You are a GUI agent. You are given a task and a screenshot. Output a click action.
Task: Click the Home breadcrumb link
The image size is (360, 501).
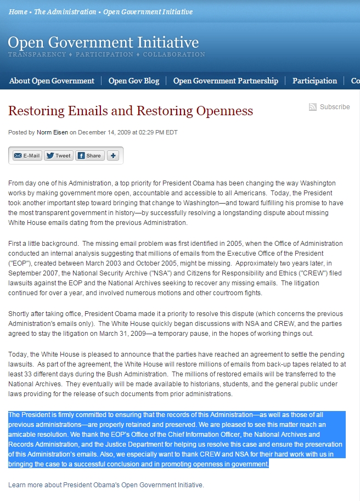pos(18,12)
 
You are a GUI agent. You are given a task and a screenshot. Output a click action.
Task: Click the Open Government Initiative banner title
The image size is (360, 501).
pos(103,43)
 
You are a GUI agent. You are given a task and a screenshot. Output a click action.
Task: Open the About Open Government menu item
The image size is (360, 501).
pos(52,81)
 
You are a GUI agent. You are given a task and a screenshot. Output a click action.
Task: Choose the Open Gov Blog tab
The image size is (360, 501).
pos(134,81)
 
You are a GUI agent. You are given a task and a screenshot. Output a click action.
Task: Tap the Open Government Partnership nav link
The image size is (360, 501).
pos(226,81)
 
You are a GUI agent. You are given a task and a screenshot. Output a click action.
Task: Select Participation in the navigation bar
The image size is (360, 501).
pos(314,81)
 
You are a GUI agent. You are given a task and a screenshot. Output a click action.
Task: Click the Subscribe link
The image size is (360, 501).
pos(335,107)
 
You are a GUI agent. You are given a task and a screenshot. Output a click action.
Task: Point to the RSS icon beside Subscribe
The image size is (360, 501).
pos(313,107)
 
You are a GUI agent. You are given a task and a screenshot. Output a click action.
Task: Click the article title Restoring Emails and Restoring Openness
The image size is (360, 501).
pos(131,111)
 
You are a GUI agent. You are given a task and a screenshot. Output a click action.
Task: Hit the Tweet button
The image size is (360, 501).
pos(58,155)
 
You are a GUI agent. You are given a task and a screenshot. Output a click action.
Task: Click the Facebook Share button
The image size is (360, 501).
pos(89,155)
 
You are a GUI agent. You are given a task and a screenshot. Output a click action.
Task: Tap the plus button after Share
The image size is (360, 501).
pos(113,155)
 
